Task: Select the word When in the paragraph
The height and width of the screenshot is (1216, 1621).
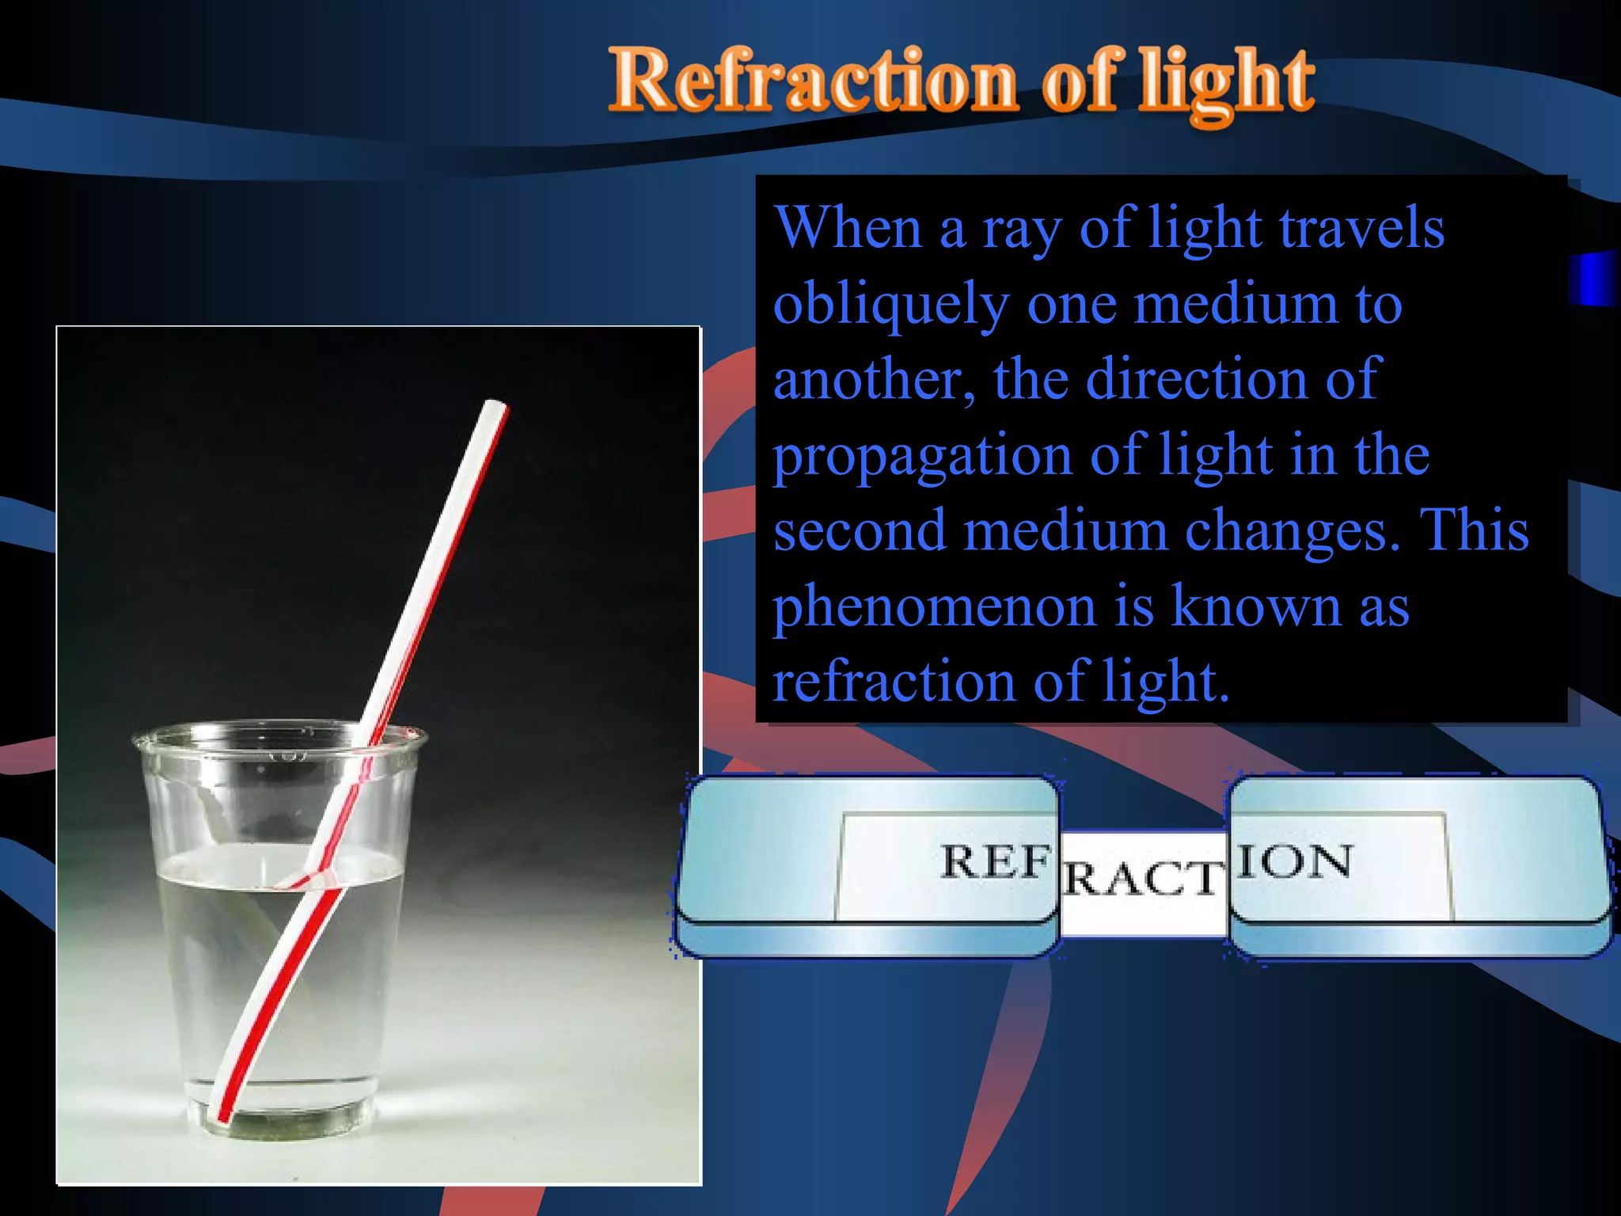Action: point(848,228)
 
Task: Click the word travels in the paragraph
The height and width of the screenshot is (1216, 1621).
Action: point(1361,228)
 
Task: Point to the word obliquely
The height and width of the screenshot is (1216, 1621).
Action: point(891,306)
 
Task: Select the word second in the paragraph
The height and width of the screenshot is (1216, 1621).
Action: point(860,530)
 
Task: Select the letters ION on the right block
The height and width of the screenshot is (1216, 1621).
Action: point(1295,861)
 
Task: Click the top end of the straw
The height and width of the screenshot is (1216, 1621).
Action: point(495,406)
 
